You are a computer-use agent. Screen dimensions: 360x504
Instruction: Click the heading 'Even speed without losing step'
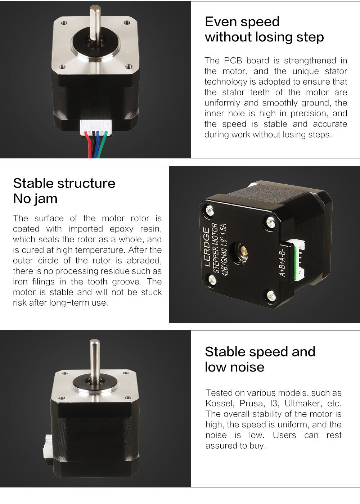click(x=264, y=29)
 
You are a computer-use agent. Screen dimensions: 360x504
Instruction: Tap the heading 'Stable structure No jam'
click(x=64, y=191)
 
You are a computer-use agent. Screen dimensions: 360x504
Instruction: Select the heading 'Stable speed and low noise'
click(x=260, y=359)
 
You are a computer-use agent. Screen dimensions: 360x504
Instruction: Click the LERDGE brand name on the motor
click(x=207, y=247)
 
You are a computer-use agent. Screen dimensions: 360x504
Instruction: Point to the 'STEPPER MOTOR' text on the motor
click(x=216, y=248)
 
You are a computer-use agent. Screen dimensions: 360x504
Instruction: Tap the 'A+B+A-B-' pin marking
click(x=282, y=261)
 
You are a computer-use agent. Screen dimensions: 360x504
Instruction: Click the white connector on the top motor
click(x=96, y=127)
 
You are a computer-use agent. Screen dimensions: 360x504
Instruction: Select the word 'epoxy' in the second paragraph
click(x=122, y=229)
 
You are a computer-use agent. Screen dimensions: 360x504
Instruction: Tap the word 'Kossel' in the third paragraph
click(x=220, y=404)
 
